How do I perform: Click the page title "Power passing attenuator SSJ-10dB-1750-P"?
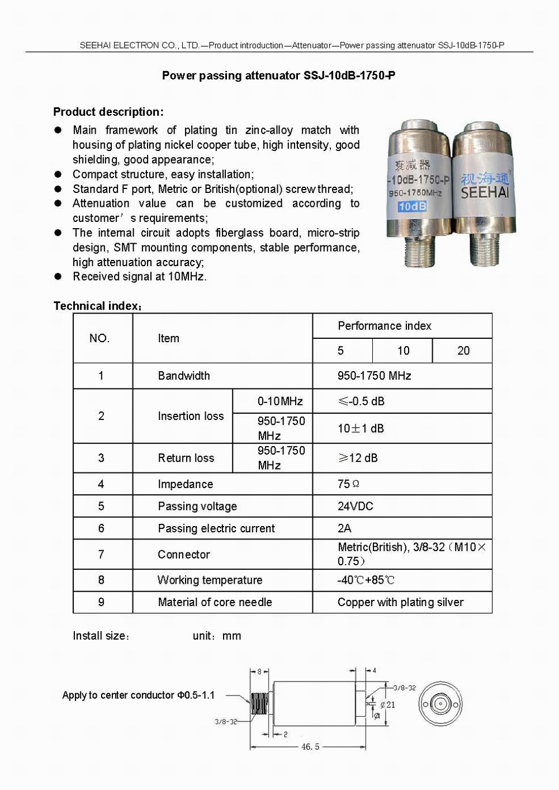[278, 75]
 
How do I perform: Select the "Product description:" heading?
[108, 112]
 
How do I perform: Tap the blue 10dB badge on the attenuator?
[413, 206]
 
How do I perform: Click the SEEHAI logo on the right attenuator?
[485, 186]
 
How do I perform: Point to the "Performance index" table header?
[385, 326]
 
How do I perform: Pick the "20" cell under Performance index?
[463, 351]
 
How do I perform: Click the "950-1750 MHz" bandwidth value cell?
[374, 376]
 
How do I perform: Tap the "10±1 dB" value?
[361, 428]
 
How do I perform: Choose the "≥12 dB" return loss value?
[358, 458]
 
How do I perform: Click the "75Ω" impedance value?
[348, 484]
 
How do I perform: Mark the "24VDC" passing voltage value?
[355, 506]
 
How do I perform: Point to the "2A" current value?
[344, 528]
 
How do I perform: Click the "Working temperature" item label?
[210, 580]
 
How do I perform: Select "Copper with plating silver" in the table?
[400, 602]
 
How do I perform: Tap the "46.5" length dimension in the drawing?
[310, 746]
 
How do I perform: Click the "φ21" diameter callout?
[387, 705]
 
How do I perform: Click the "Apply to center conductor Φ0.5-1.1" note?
[138, 696]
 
